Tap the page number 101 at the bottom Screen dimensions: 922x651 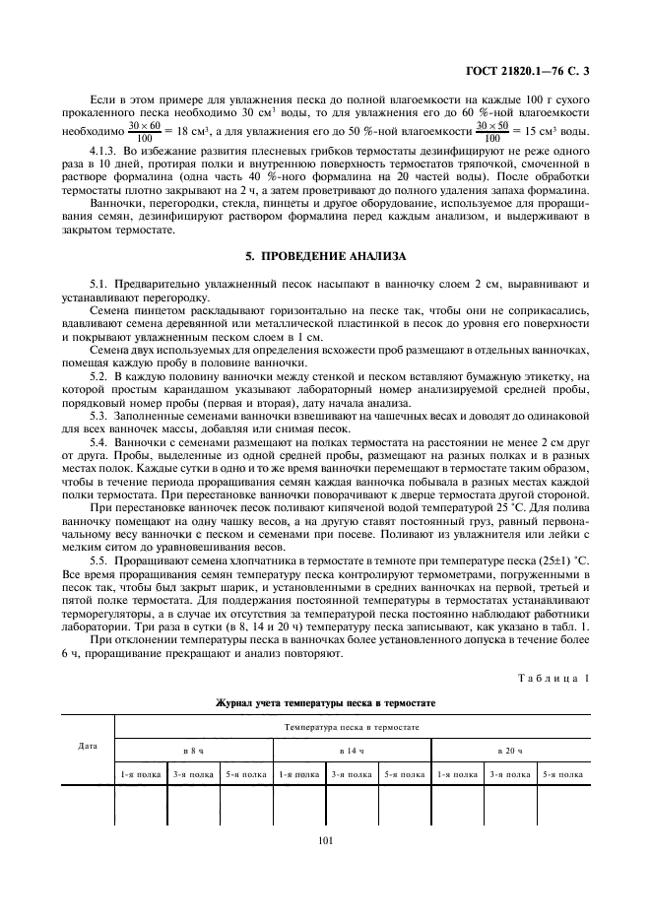[325, 839]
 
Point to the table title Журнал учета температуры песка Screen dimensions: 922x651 [325, 702]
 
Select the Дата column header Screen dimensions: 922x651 [87, 746]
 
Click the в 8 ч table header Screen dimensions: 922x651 [193, 752]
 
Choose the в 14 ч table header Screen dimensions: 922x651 [352, 752]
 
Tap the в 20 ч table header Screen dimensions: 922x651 [510, 752]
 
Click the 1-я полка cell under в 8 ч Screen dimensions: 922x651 [140, 775]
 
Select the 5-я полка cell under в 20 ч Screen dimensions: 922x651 [563, 775]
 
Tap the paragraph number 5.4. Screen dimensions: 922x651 [98, 444]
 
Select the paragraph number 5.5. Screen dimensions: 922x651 [98, 559]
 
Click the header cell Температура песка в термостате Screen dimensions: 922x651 [352, 727]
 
